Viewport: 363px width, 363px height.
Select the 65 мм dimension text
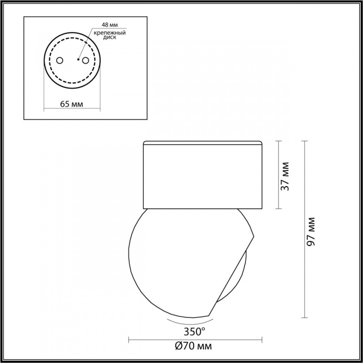pyautogui.click(x=71, y=104)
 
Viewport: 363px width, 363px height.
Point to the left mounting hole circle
pyautogui.click(x=59, y=60)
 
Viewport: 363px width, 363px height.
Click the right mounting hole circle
pyautogui.click(x=85, y=60)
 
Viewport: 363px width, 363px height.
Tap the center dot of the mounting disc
pyautogui.click(x=78, y=59)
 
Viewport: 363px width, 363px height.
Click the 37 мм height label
pyautogui.click(x=285, y=176)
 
